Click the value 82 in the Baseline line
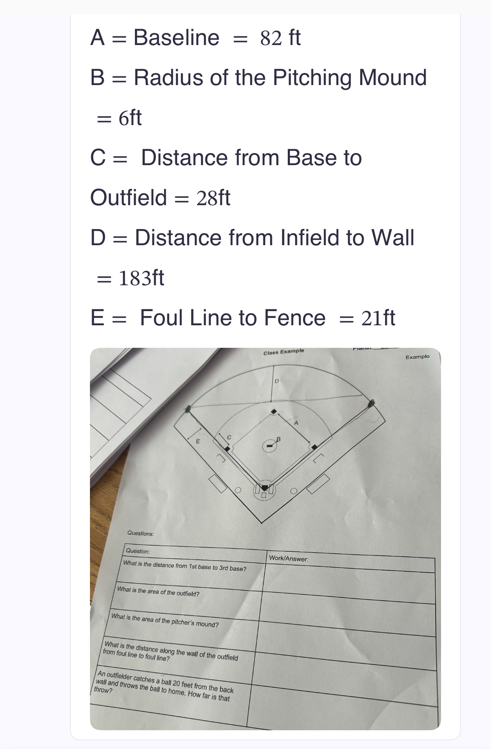269,38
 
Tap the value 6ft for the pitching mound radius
130,118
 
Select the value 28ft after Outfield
213,198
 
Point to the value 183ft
141,278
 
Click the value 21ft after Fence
378,318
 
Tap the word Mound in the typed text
393,78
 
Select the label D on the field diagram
277,381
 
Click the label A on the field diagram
296,423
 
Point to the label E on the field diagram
198,441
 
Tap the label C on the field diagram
229,437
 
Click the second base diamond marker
274,412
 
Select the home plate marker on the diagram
264,488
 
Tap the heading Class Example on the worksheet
284,352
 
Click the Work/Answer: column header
289,558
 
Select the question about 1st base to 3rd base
185,566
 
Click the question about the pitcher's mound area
165,620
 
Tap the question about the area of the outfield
158,592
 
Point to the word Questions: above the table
140,533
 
